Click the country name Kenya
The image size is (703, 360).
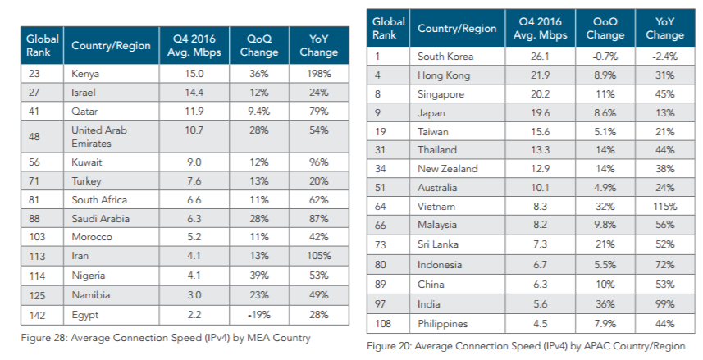tap(86, 73)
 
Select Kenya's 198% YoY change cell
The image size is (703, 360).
tap(318, 73)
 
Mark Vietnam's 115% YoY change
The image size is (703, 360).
tap(664, 207)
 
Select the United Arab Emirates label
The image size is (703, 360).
tap(99, 136)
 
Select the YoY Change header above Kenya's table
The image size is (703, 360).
tap(318, 46)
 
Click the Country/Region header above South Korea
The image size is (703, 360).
tap(457, 28)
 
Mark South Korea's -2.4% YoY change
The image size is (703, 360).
tap(664, 57)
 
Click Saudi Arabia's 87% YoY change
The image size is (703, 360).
tap(318, 218)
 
